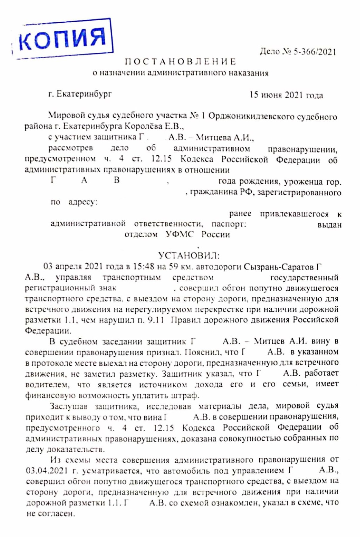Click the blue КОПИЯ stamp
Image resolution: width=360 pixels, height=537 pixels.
pos(63,39)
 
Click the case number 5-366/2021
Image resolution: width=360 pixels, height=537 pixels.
pos(315,52)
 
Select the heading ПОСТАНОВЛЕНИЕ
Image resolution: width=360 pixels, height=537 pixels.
pos(181,62)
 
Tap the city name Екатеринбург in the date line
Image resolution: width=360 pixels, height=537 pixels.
pos(84,94)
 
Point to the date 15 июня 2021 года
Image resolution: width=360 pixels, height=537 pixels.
pos(286,95)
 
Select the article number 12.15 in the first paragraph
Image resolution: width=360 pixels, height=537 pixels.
pos(162,159)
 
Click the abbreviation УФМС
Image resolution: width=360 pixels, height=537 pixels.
pos(179,234)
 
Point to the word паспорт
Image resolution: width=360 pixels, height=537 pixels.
pos(229,224)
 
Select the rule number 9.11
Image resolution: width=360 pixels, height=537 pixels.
pos(156,320)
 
